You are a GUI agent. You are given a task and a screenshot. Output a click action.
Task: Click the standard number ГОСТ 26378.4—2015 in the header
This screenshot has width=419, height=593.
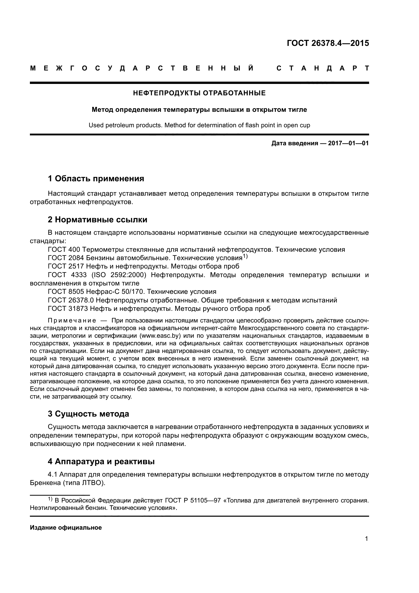coord(328,43)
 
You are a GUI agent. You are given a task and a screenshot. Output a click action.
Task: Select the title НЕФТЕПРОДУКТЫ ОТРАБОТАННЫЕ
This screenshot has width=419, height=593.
coord(199,93)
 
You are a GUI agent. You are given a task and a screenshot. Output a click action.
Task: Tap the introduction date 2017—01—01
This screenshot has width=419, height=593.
coord(348,143)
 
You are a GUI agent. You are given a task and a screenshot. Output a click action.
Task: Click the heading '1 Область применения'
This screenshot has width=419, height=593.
coord(96,178)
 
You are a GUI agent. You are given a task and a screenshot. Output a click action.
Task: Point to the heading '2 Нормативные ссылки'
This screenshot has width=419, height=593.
coord(98,220)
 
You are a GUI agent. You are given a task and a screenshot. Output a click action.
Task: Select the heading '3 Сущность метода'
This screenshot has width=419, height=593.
coord(88,414)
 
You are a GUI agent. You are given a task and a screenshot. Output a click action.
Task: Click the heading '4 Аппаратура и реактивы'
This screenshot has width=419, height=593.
coord(101,461)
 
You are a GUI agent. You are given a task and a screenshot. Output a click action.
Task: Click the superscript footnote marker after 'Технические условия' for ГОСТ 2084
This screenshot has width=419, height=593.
coord(245,257)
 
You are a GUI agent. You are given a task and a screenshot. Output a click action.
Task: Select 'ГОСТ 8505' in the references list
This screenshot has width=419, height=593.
coord(66,292)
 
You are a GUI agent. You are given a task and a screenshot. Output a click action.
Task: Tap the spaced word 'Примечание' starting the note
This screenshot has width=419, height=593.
coord(72,321)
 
